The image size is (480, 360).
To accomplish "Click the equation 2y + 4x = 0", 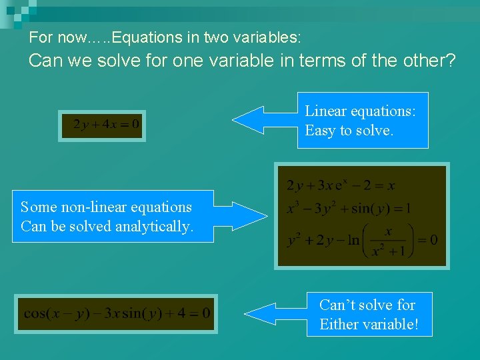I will (102, 125).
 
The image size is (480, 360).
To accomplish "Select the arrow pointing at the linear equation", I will (263, 120).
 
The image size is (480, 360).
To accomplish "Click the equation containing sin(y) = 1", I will (349, 209).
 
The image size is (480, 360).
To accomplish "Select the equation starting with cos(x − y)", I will (117, 313).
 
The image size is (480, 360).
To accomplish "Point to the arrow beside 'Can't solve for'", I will (273, 313).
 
